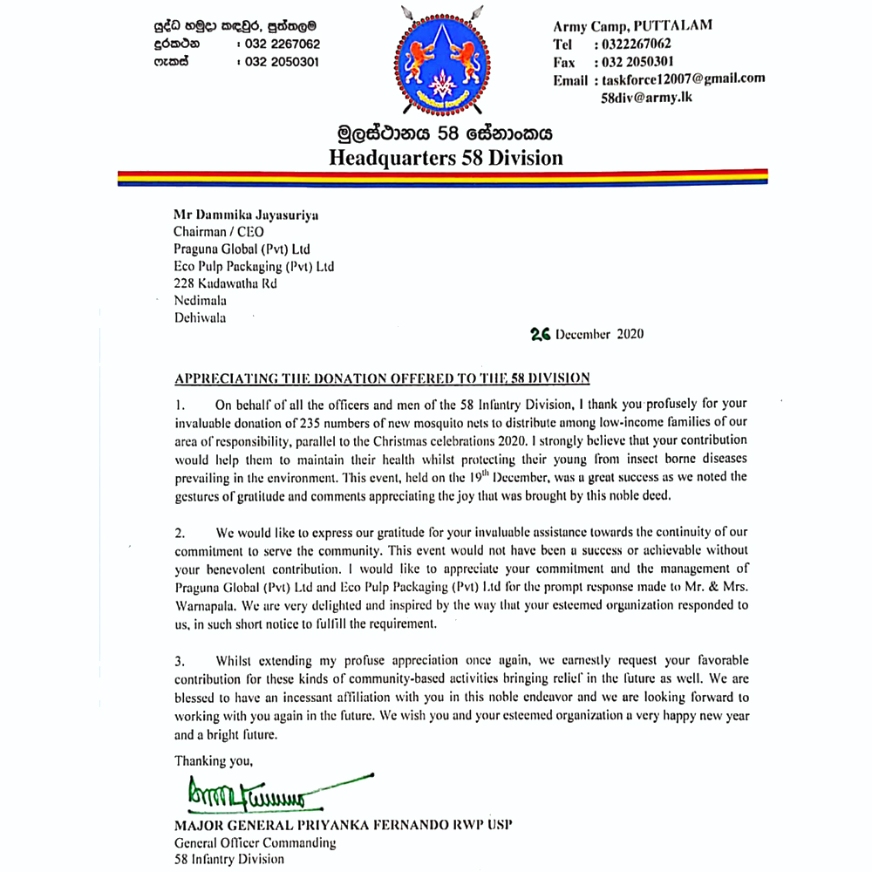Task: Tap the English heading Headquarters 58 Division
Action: click(x=446, y=158)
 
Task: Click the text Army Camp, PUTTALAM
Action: click(x=632, y=25)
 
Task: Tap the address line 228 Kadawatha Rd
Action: click(x=226, y=283)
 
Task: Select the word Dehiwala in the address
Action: click(x=200, y=317)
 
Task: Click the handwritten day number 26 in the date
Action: click(x=541, y=334)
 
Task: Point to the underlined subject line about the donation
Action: click(x=383, y=378)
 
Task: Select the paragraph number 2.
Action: click(x=179, y=532)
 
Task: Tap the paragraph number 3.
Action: click(x=179, y=661)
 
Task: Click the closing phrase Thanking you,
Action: click(x=214, y=760)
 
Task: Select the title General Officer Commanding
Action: click(x=255, y=842)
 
